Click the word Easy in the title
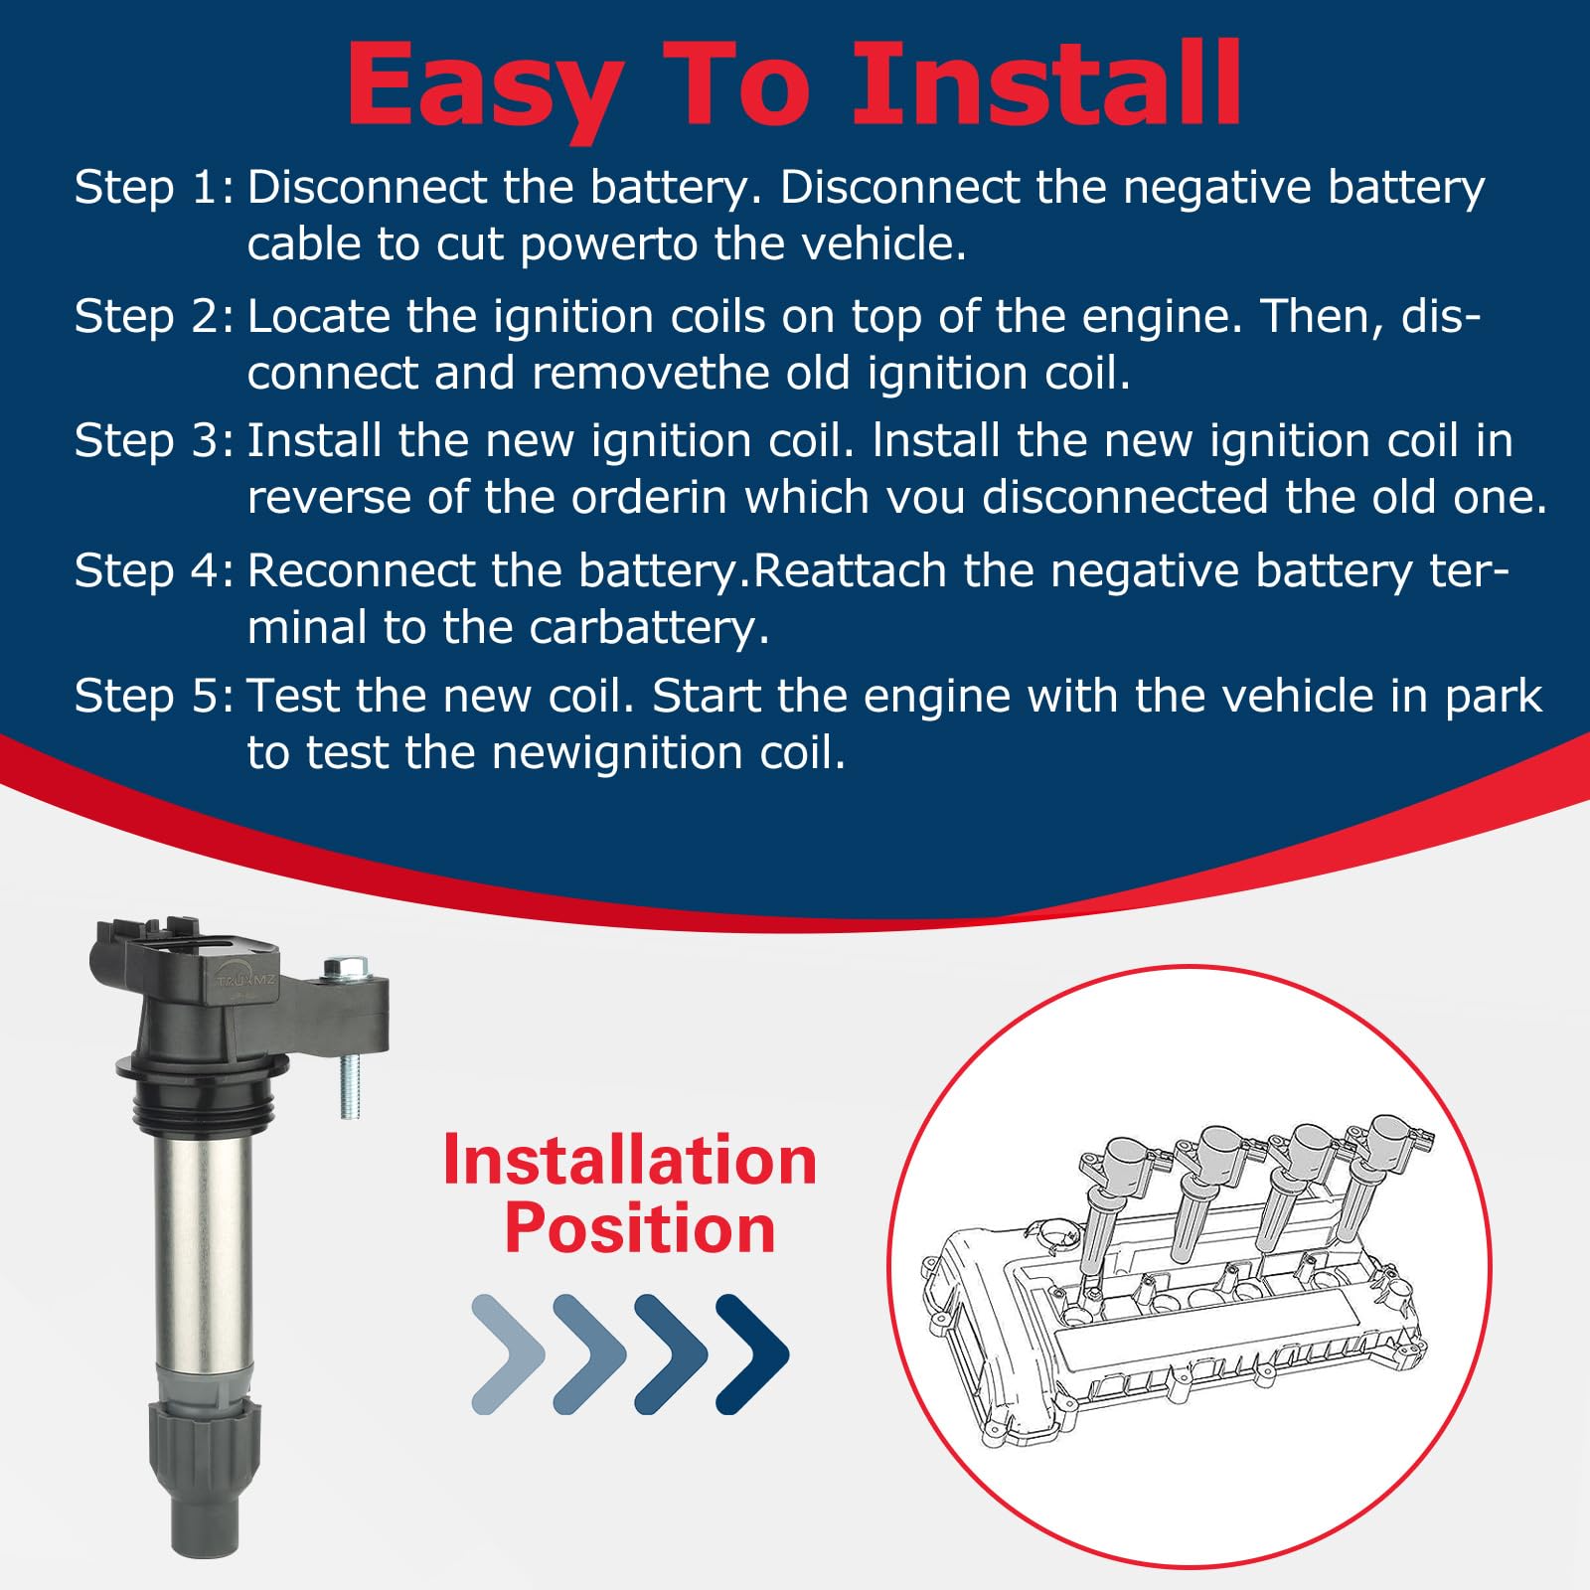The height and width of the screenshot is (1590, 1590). point(486,87)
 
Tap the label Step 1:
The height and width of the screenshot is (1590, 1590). point(154,187)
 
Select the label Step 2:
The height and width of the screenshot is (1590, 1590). point(154,316)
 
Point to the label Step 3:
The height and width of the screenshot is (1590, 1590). point(154,440)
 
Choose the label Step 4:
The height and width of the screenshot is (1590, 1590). point(154,570)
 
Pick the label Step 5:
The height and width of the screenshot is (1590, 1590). point(154,696)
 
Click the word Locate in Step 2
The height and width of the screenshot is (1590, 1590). point(319,316)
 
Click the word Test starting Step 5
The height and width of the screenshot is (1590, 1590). point(294,696)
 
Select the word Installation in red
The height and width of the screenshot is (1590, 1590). point(630,1160)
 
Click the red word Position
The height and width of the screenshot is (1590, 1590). point(640,1229)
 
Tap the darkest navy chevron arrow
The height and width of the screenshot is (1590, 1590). point(752,1353)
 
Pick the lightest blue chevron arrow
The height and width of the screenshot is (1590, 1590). point(508,1353)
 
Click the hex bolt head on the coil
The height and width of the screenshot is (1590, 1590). point(345,966)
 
